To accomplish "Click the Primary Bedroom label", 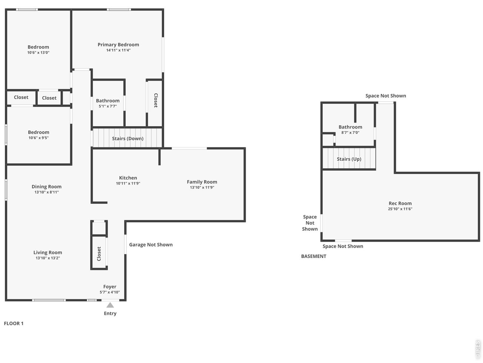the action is (x=118, y=45).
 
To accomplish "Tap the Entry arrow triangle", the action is (x=110, y=305).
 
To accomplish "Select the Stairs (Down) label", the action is (x=128, y=138).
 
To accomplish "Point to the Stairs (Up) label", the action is (x=349, y=159).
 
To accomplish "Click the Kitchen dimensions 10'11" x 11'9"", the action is (x=128, y=183).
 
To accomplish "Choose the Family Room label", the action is (x=202, y=182).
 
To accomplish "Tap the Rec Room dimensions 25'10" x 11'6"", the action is (x=400, y=209).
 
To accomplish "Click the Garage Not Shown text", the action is (x=151, y=245).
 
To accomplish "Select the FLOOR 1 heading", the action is (x=14, y=323).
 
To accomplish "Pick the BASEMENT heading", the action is (x=314, y=256).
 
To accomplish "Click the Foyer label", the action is (x=109, y=287).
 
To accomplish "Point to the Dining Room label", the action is (x=46, y=187).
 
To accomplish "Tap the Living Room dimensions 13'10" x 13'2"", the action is (x=48, y=258).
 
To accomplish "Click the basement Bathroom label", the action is (x=350, y=127).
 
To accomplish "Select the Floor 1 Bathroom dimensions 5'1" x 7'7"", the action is (x=108, y=106).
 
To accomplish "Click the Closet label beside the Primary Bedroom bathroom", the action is (x=155, y=100).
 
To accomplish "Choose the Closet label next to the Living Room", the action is (x=99, y=254).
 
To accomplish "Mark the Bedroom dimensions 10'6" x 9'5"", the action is (x=38, y=138).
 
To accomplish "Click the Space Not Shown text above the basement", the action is (x=386, y=96).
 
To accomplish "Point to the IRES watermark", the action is (x=477, y=349).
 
